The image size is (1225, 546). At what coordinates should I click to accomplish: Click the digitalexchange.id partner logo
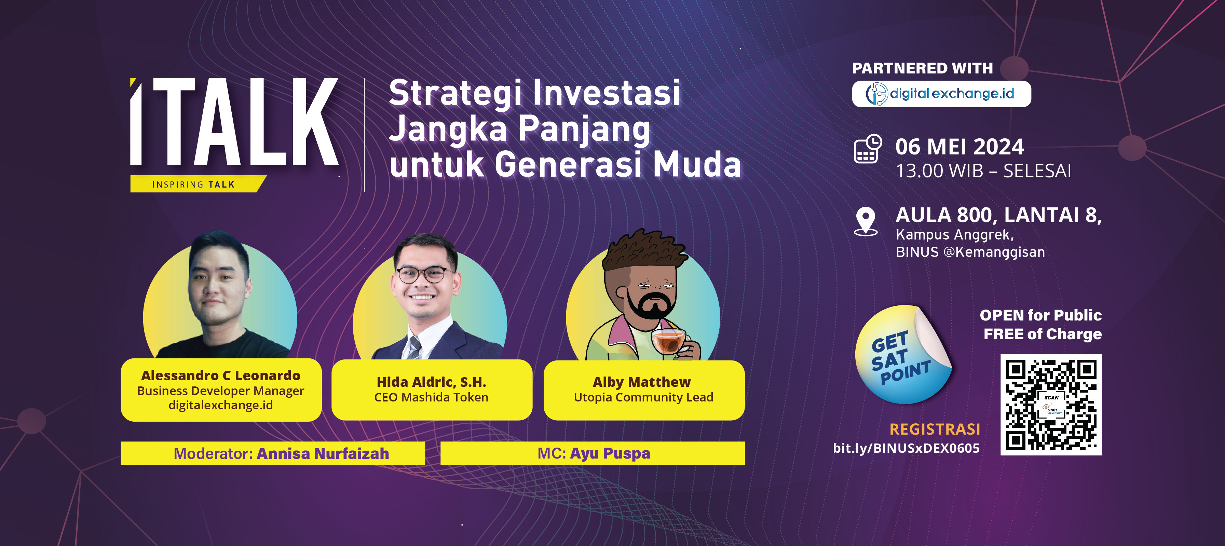pyautogui.click(x=941, y=94)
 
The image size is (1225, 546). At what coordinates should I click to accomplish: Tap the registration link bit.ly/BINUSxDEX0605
pyautogui.click(x=906, y=448)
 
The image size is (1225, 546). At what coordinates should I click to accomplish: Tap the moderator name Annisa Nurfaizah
pyautogui.click(x=323, y=453)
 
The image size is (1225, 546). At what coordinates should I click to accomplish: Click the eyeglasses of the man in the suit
pyautogui.click(x=422, y=274)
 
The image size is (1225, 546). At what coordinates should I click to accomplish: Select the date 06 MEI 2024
pyautogui.click(x=959, y=147)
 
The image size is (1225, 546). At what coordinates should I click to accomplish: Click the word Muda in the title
pyautogui.click(x=697, y=164)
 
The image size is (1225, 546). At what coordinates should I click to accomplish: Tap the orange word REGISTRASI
pyautogui.click(x=935, y=429)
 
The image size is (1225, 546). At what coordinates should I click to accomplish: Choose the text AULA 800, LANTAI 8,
pyautogui.click(x=999, y=215)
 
